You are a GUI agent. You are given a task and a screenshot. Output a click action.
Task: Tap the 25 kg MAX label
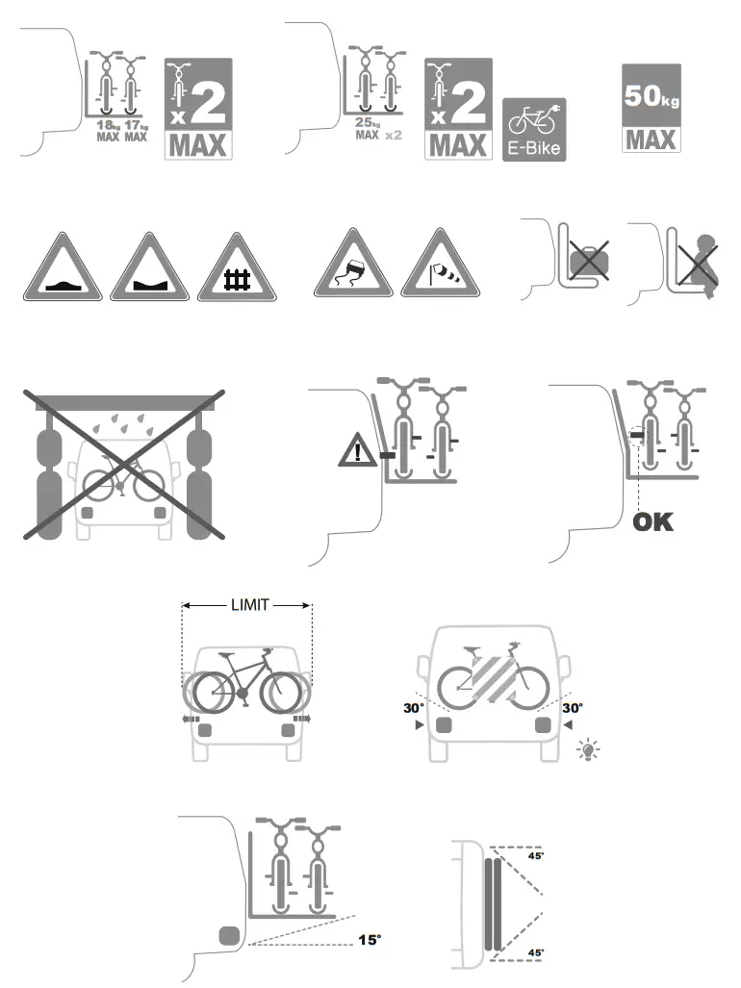point(366,129)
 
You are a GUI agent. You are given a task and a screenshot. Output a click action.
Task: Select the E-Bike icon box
point(534,129)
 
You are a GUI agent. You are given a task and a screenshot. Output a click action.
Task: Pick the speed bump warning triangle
point(63,268)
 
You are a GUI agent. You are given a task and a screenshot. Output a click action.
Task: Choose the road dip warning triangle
point(149,268)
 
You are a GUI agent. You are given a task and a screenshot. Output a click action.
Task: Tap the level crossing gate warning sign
point(237,269)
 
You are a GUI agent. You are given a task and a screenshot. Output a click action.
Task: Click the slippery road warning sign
point(353,265)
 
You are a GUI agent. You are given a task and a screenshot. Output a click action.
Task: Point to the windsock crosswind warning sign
point(440,266)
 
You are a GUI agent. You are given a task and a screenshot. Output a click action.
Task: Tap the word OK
point(652,522)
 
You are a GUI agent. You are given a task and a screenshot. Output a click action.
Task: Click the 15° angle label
point(370,940)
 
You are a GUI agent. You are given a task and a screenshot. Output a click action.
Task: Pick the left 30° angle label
point(415,707)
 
